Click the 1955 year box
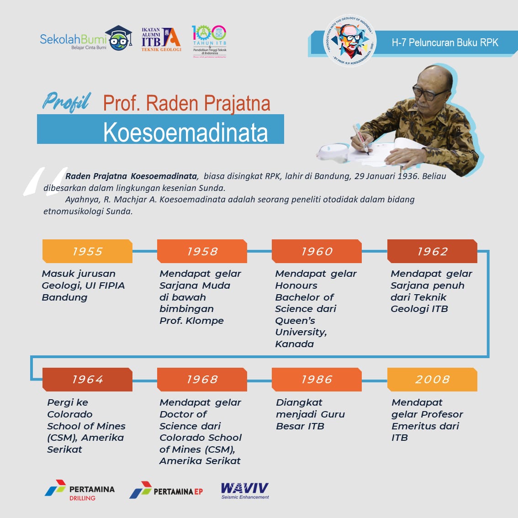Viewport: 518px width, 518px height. pos(87,251)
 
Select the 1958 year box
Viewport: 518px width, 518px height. pos(202,251)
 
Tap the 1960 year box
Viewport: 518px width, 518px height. pos(317,251)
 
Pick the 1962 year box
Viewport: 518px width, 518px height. pos(432,251)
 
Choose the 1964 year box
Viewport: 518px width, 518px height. pos(87,380)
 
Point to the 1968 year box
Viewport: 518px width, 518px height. pos(202,380)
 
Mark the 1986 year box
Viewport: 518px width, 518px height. pos(317,380)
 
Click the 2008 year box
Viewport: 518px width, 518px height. pos(432,380)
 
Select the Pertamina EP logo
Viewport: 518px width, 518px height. pos(166,490)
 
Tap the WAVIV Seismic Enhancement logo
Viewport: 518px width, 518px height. pos(245,491)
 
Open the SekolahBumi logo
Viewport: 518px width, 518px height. pos(85,40)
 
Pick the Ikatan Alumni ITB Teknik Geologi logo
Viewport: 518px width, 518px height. pos(161,39)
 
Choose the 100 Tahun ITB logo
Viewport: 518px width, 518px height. pos(209,41)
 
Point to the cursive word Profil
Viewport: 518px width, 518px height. pos(67,102)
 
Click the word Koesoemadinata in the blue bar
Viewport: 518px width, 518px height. pos(185,132)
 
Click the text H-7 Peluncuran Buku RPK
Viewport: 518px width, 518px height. pos(444,43)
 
